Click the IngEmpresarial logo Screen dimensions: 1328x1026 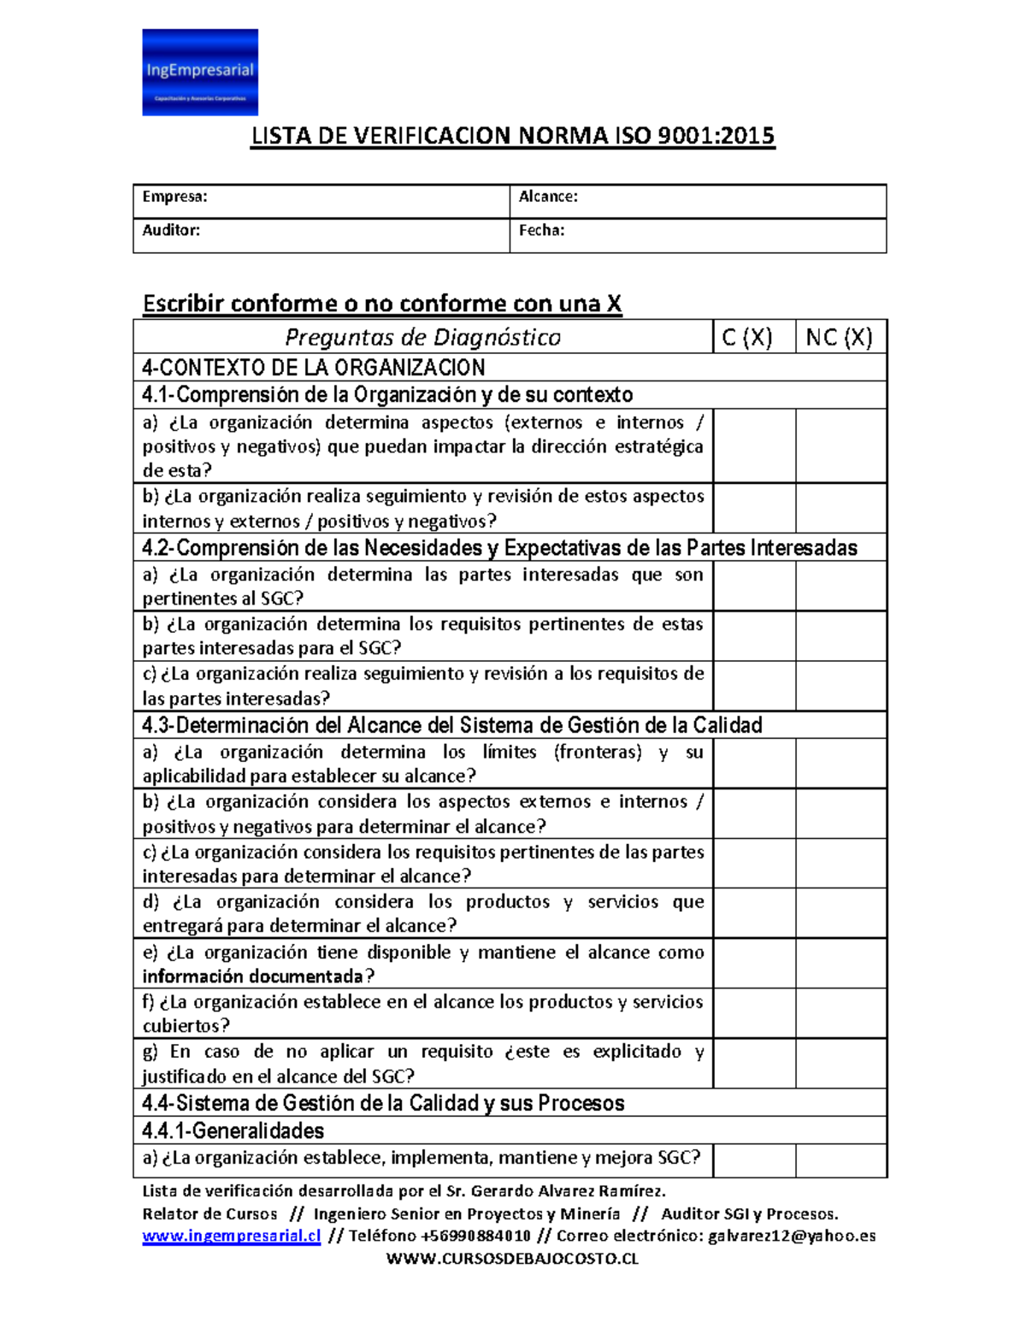coord(199,72)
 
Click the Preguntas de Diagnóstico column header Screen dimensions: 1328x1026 coord(422,337)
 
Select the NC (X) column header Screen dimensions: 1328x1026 coord(840,337)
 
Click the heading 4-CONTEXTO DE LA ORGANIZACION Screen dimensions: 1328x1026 coord(314,368)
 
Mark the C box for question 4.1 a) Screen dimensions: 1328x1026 coord(754,446)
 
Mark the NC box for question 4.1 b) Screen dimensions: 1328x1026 coord(840,508)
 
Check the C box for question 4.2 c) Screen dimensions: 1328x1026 coord(754,686)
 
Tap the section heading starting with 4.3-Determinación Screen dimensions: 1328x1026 coord(451,725)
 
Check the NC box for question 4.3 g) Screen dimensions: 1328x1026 coord(840,1064)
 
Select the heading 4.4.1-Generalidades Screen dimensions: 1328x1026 coord(233,1131)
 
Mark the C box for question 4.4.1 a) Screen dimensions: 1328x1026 coord(754,1160)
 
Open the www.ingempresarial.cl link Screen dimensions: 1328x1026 coord(231,1236)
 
